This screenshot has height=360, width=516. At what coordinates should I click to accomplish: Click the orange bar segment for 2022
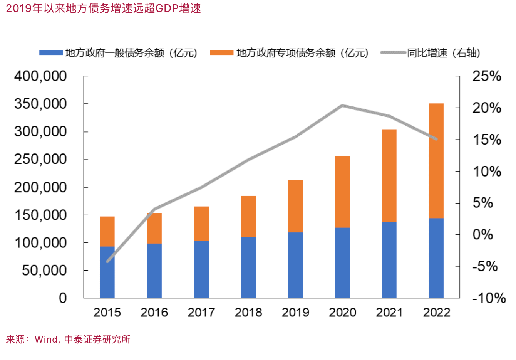tap(436, 161)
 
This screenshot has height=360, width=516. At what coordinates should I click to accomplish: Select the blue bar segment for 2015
tap(107, 272)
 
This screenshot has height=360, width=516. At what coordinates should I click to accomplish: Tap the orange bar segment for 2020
tap(342, 192)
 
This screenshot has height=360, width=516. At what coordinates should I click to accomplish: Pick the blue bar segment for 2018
tap(248, 267)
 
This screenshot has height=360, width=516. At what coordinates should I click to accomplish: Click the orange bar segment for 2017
tap(201, 224)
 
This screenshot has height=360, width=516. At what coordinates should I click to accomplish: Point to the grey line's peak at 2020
tap(342, 105)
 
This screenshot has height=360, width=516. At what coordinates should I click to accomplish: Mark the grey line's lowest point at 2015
tap(107, 262)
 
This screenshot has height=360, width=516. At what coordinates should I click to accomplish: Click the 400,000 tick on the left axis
tap(40, 76)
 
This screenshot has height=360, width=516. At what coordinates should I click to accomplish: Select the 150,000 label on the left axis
tap(40, 215)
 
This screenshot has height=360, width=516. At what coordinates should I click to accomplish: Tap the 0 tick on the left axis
tap(63, 298)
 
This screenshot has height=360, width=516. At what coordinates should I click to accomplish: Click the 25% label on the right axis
tap(487, 76)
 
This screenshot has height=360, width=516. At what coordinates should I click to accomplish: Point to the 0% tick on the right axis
tap(482, 234)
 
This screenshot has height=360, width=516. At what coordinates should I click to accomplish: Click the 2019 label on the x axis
tap(295, 312)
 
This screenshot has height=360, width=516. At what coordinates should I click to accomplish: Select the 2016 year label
tap(154, 312)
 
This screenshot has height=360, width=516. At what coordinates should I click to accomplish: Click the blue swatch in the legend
tap(51, 53)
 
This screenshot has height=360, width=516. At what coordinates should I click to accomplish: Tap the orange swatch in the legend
tap(222, 53)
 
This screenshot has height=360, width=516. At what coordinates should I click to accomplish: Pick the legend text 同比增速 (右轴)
tap(444, 53)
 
